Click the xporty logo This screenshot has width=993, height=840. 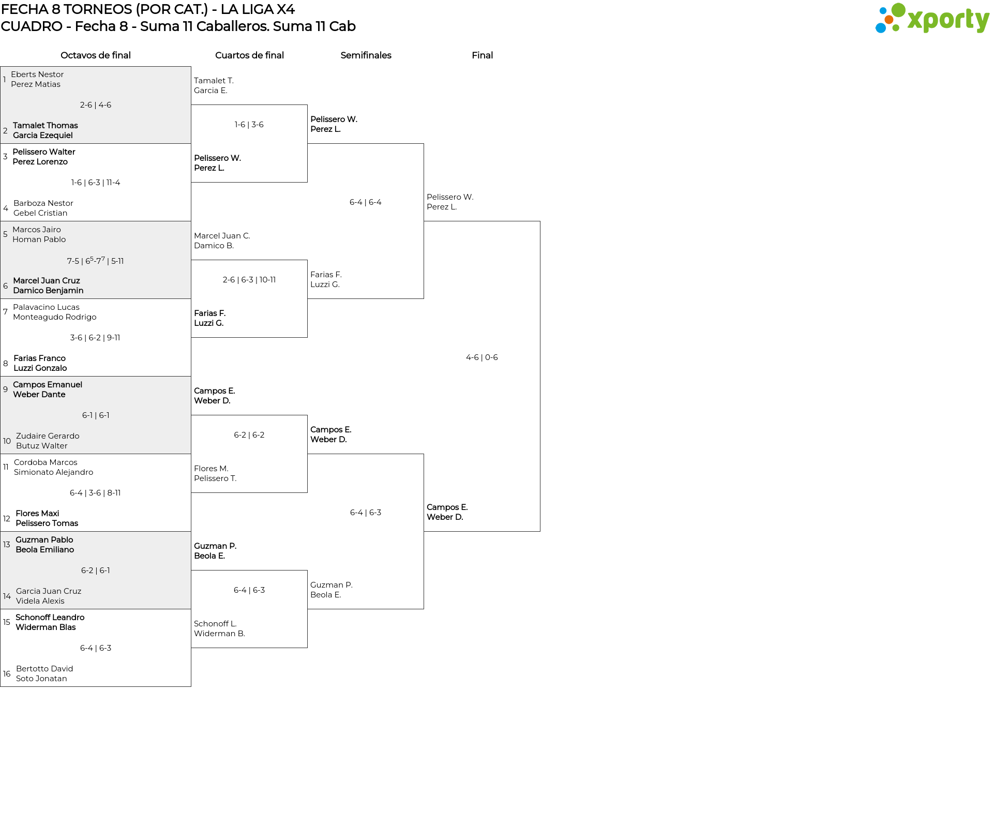[932, 19]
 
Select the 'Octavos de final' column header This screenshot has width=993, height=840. [96, 55]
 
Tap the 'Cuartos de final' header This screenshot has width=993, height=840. [249, 55]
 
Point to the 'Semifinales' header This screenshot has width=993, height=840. [366, 55]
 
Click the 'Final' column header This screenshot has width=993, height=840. [482, 55]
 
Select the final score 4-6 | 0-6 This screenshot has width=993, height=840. [482, 357]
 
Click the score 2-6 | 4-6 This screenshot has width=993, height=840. [96, 105]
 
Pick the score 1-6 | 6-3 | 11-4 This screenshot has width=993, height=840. [96, 183]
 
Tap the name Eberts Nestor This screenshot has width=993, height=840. [37, 74]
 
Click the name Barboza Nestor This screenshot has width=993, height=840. [43, 203]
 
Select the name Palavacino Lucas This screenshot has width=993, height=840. [46, 307]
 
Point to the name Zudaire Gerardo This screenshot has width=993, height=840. [48, 436]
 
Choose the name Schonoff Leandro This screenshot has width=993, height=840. [50, 618]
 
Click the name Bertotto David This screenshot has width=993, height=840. [44, 669]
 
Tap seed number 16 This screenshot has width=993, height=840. [7, 674]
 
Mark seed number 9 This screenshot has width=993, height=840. [5, 389]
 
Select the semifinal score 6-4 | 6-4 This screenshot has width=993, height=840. [366, 202]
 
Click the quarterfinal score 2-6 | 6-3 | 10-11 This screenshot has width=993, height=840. [249, 280]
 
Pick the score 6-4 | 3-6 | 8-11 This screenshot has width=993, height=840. [95, 493]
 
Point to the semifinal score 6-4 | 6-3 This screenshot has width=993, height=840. [366, 513]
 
